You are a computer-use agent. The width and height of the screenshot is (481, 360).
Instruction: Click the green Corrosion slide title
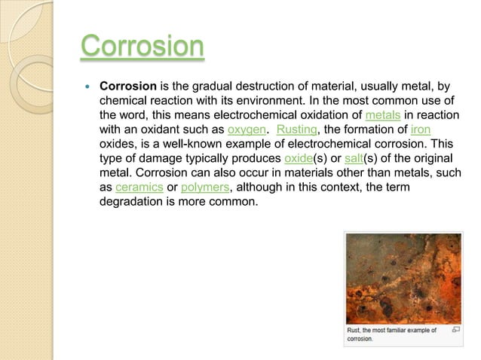tap(142, 47)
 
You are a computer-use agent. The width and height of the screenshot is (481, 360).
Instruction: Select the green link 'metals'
tap(382, 115)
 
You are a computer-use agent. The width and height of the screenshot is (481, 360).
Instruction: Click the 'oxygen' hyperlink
tap(245, 130)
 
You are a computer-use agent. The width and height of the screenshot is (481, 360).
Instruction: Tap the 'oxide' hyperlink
tap(299, 158)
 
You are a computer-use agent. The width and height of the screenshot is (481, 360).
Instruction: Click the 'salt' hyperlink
tap(354, 158)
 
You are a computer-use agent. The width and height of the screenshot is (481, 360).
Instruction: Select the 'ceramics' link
tap(139, 187)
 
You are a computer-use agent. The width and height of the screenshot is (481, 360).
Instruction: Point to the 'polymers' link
tap(205, 187)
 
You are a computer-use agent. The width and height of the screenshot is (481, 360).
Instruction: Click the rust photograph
tap(403, 278)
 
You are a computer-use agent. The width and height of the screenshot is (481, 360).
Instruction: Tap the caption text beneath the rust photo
tap(391, 334)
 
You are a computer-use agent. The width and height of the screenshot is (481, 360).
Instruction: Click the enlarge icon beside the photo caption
tap(455, 330)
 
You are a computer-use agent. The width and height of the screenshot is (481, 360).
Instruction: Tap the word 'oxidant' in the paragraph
tap(153, 130)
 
